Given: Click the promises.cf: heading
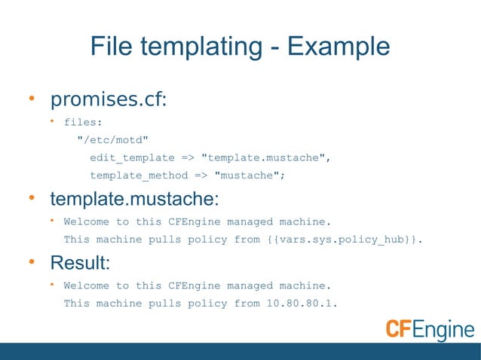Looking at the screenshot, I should pyautogui.click(x=108, y=101).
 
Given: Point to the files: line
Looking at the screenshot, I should pyautogui.click(x=83, y=121).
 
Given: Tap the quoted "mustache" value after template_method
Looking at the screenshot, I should pyautogui.click(x=250, y=175).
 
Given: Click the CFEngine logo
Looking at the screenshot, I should pyautogui.click(x=430, y=330).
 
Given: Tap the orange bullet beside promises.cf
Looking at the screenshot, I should pyautogui.click(x=32, y=100).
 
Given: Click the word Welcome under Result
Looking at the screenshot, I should pyautogui.click(x=86, y=285).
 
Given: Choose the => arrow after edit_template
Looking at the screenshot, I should pyautogui.click(x=188, y=157).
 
